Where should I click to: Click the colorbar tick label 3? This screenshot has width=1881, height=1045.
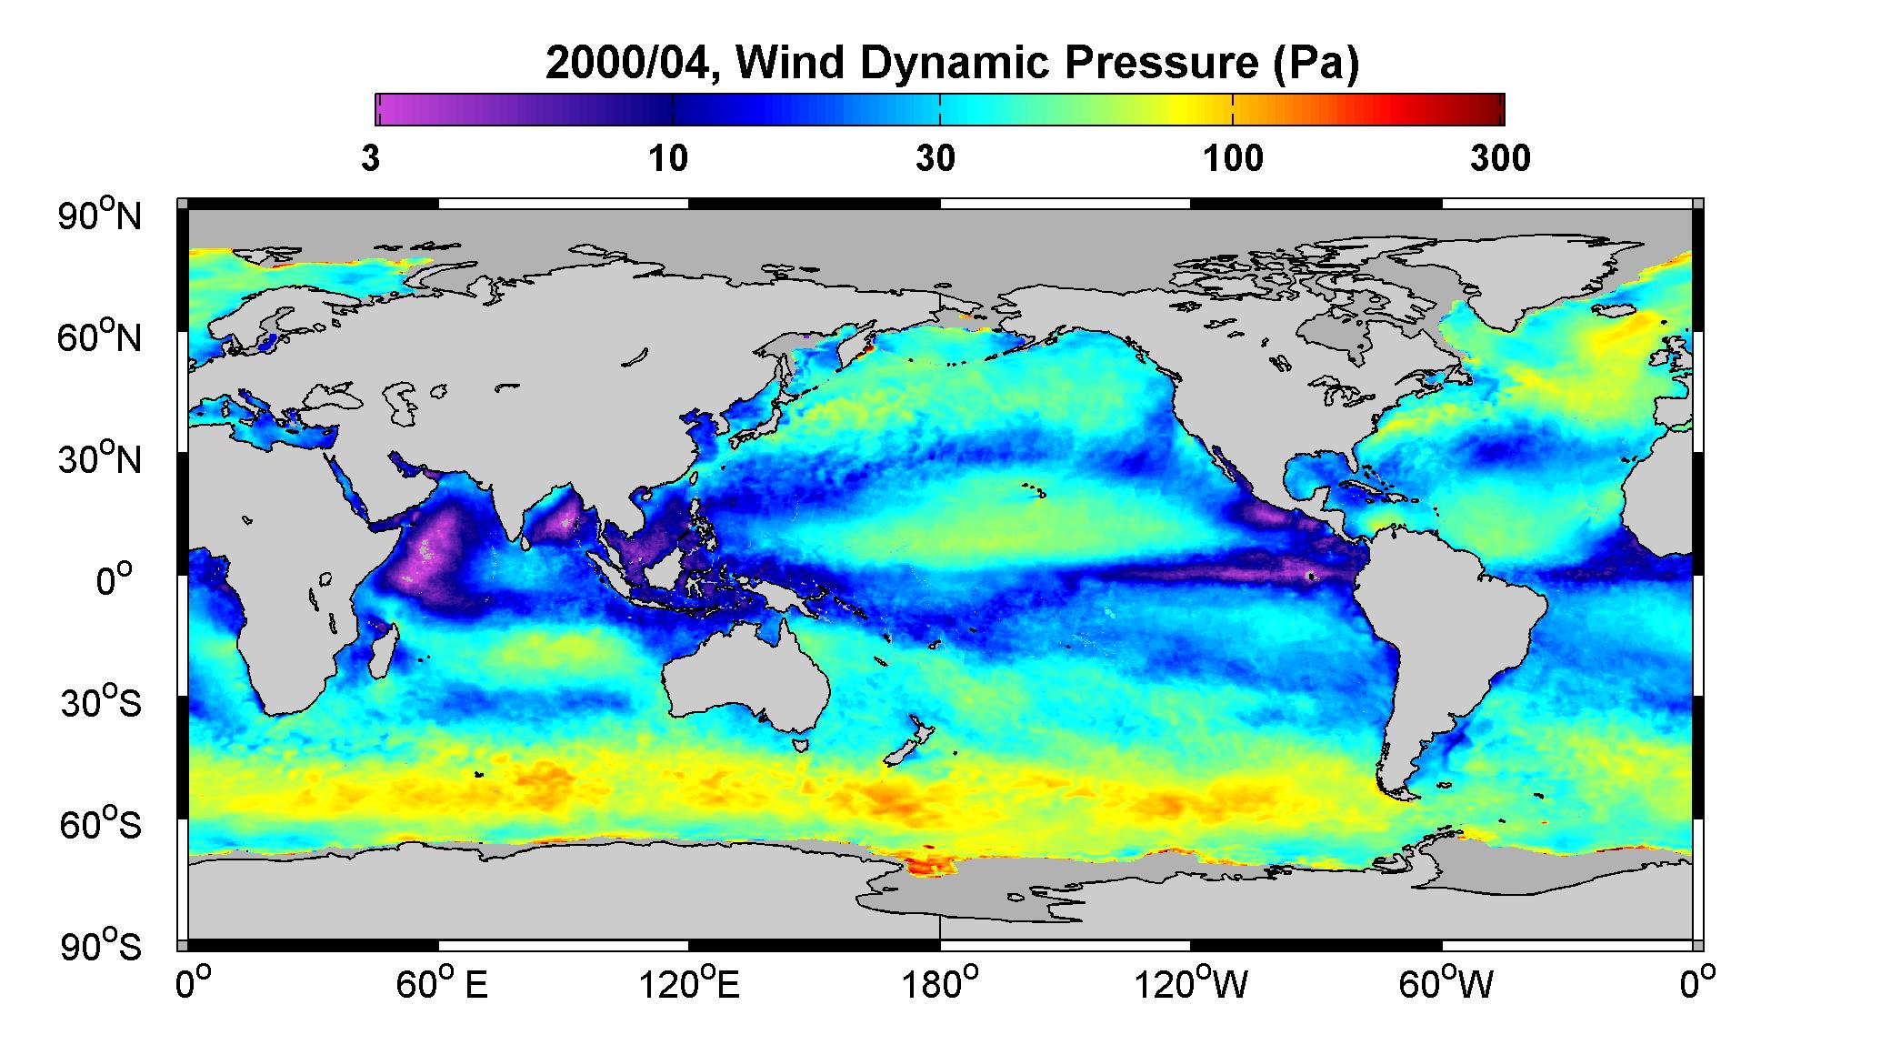[371, 159]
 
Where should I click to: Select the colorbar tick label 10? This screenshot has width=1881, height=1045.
[668, 159]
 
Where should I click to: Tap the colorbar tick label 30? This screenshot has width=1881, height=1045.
[936, 159]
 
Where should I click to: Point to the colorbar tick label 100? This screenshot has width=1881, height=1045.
[1234, 159]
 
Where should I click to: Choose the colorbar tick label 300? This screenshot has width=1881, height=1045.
[1500, 159]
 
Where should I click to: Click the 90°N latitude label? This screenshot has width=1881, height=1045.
[101, 216]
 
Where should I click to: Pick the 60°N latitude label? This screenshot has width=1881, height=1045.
[101, 337]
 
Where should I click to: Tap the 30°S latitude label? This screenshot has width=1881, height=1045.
[101, 703]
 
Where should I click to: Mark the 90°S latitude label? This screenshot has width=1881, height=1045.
[101, 947]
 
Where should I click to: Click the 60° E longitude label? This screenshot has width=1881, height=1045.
[442, 985]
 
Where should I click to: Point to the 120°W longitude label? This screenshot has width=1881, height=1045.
[1192, 985]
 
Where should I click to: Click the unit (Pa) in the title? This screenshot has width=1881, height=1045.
[1318, 64]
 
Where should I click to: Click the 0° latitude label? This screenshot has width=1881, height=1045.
[115, 581]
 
